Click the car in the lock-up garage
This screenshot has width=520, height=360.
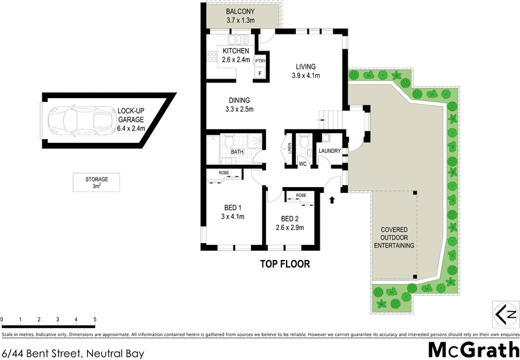point(76,119)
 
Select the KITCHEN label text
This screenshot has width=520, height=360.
point(236,51)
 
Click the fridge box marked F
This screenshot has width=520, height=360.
point(261,73)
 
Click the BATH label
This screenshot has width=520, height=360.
point(237,152)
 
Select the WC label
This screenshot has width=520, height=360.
point(302,164)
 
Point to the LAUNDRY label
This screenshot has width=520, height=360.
point(329,151)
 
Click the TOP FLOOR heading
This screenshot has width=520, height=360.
point(285,264)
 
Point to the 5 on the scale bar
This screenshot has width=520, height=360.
point(95,320)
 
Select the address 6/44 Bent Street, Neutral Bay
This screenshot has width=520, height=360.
point(72,353)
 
